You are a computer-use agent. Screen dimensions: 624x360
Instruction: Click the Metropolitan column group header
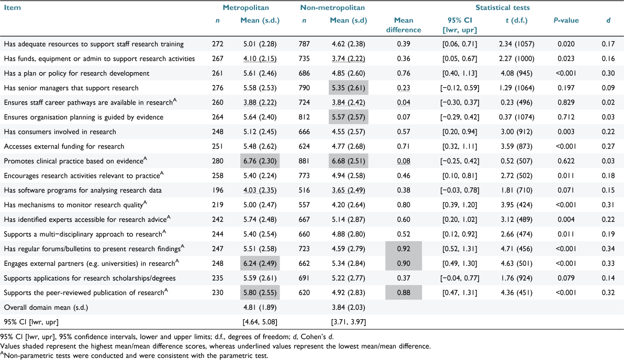246,7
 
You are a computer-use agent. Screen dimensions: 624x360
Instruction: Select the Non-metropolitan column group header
332,7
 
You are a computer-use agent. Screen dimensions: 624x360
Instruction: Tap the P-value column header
566,20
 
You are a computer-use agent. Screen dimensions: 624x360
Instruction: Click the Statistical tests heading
503,7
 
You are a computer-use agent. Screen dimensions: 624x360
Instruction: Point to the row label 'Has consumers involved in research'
60,132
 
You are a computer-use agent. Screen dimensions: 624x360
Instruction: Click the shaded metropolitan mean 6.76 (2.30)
260,161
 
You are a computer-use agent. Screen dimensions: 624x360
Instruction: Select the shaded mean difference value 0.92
404,249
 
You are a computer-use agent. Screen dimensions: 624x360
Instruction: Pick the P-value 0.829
566,103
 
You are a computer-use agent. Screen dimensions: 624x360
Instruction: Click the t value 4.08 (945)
517,73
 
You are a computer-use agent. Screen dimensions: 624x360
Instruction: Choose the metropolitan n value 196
218,190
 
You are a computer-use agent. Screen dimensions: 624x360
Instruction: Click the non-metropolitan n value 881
304,161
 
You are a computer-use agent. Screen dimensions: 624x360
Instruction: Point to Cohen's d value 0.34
608,249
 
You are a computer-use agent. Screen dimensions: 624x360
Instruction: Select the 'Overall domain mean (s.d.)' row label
46,308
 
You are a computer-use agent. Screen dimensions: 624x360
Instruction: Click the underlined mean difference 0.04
404,103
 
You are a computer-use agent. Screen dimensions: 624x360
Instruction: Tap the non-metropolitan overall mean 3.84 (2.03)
348,308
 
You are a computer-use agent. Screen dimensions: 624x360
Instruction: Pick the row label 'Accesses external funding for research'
64,147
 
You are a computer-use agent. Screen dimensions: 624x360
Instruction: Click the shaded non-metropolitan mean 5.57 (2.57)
348,117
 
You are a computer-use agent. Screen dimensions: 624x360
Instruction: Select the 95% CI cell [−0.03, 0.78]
460,190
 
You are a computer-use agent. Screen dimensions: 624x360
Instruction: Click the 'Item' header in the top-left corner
13,7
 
